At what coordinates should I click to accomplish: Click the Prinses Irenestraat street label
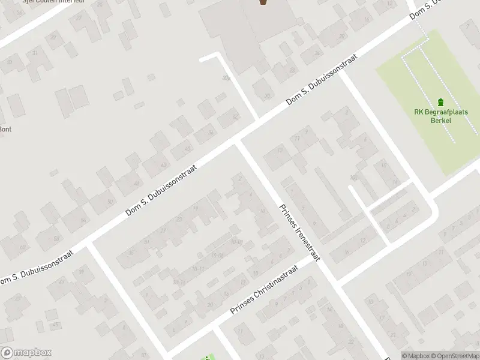(299, 233)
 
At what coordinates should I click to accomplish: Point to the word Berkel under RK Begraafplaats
(440, 120)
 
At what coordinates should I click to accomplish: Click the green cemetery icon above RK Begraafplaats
(441, 102)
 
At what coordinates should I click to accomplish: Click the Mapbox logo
(26, 353)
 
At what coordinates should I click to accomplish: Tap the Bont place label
(5, 129)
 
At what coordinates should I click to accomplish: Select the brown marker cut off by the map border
(263, 2)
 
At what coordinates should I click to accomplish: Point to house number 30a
(226, 77)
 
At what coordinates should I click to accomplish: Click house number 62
(23, 247)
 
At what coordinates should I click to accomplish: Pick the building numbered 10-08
(217, 256)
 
